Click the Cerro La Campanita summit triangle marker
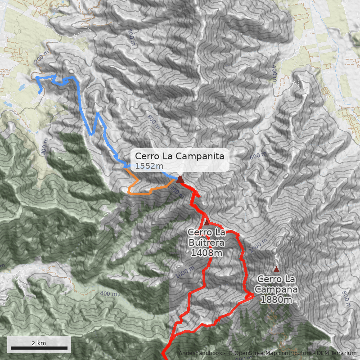tap(180, 180)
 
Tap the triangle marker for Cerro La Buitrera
tap(207, 222)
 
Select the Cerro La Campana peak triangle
tap(276, 269)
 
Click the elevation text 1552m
tap(149, 166)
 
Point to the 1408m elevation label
tap(207, 253)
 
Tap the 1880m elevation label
tap(277, 300)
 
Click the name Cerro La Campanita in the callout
tap(180, 156)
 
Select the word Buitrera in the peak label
tap(207, 243)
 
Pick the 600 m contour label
tap(258, 156)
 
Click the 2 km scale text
tap(39, 343)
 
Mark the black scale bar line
tap(39, 348)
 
